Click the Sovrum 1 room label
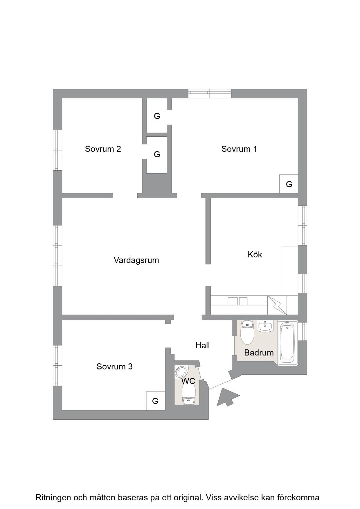click(239, 149)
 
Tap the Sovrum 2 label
click(103, 149)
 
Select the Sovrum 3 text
click(114, 367)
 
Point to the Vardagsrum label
click(136, 260)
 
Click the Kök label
click(255, 255)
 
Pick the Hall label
click(203, 345)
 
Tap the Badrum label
click(259, 353)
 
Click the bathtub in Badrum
click(287, 342)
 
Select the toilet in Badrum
click(247, 332)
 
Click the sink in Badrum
click(265, 326)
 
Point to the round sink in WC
click(181, 372)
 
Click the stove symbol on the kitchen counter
click(277, 305)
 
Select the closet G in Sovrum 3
click(155, 401)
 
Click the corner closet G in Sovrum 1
click(289, 184)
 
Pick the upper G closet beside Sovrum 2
click(157, 116)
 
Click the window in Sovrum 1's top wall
click(210, 93)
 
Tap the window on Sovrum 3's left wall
click(57, 365)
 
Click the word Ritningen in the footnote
click(53, 498)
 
